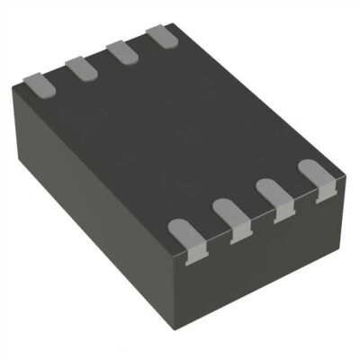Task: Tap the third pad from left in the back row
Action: click(120, 50)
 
